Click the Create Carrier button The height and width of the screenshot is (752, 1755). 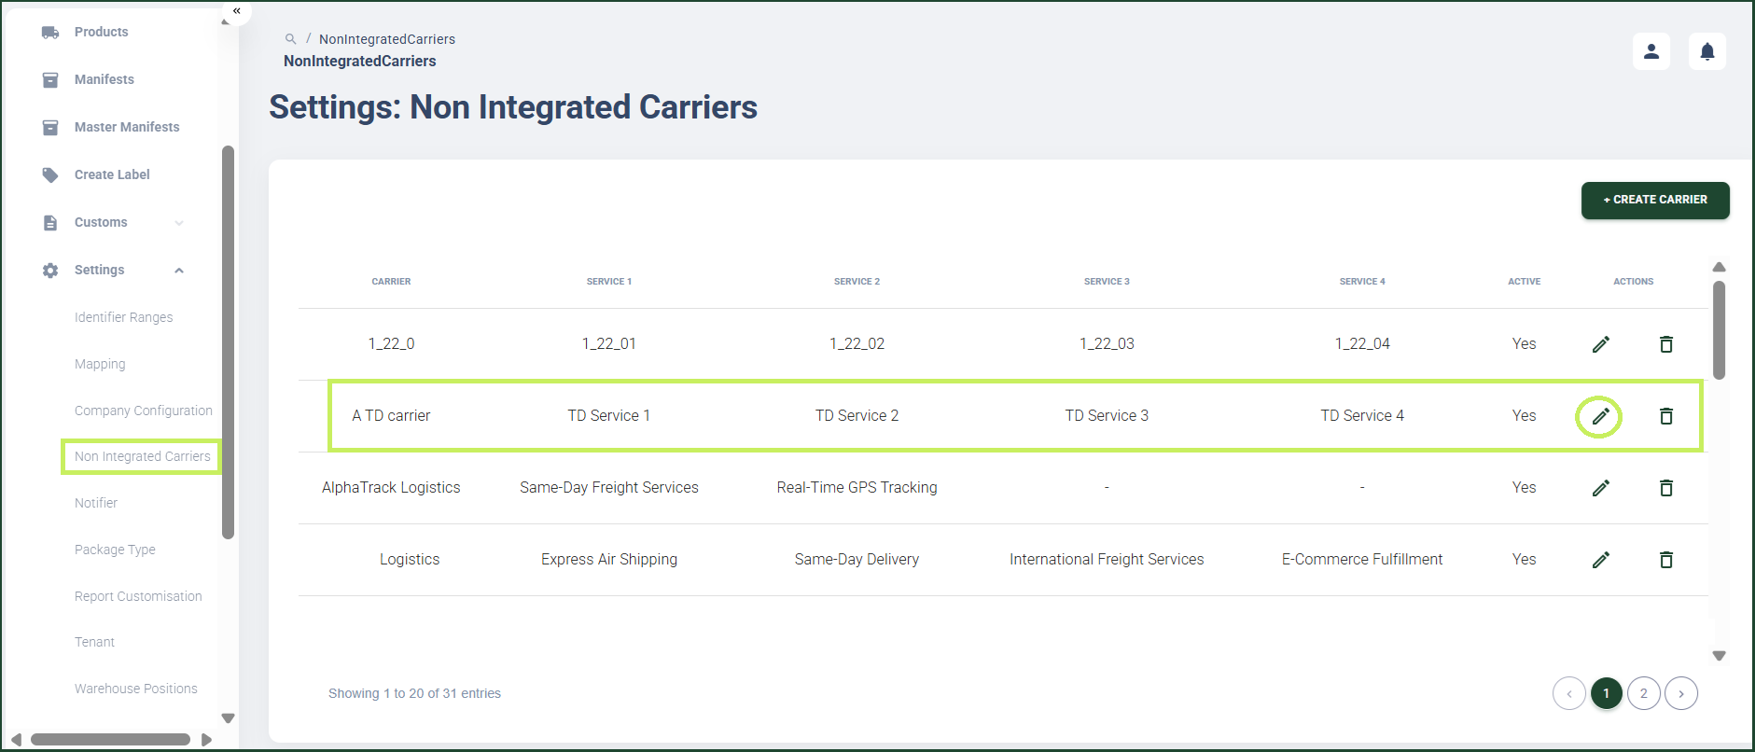(1655, 200)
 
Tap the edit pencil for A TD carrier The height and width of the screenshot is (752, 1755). (1600, 416)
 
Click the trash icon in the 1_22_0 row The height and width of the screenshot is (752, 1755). (1666, 344)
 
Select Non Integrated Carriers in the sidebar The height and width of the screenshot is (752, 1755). (143, 456)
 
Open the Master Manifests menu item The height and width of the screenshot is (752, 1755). (127, 127)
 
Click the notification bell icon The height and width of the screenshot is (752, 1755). (1707, 51)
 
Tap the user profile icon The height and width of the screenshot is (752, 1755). (1651, 51)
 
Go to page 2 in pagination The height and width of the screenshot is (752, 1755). (1644, 693)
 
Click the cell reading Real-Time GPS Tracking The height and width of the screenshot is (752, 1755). (857, 487)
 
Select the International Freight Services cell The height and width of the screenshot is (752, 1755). (1107, 559)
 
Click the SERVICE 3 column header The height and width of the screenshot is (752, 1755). (1107, 281)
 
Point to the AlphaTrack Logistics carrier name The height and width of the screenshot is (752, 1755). (391, 487)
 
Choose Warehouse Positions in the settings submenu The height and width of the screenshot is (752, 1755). (136, 689)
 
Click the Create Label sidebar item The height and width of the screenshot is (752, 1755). (112, 174)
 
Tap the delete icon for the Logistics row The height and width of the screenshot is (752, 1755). (1666, 560)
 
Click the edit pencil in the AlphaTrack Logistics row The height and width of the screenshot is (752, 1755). (1600, 488)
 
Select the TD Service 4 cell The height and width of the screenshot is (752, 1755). (1362, 415)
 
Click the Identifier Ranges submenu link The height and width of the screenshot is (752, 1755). (124, 317)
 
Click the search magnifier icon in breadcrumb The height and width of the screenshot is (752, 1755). (291, 39)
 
